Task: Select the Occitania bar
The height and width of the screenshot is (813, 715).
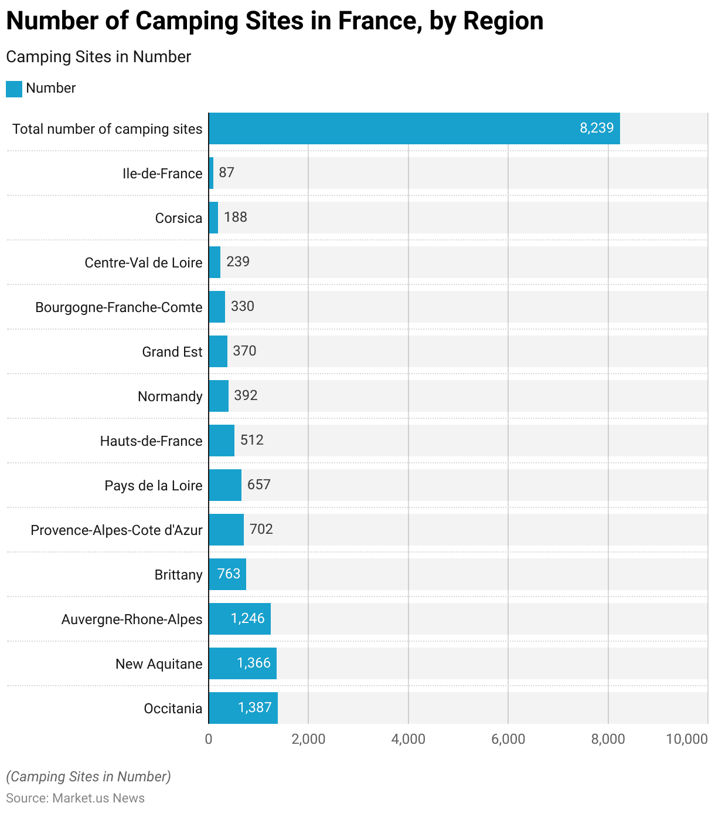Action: click(x=243, y=708)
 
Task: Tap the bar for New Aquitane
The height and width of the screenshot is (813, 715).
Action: click(x=242, y=663)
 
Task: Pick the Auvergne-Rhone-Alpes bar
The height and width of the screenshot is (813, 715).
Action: click(x=239, y=619)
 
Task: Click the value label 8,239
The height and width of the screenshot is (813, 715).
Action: click(x=597, y=128)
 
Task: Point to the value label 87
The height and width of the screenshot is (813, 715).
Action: click(x=226, y=172)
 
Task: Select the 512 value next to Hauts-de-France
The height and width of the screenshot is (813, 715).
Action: click(x=252, y=440)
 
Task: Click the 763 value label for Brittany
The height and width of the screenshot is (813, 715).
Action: click(x=229, y=574)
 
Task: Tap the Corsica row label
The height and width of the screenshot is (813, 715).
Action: click(x=179, y=218)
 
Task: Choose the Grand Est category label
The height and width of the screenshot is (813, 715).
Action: click(x=172, y=352)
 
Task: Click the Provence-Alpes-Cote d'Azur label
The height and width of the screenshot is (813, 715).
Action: click(x=117, y=530)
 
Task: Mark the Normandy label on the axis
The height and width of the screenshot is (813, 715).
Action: click(x=170, y=397)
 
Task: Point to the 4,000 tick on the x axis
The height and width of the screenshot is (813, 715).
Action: click(x=408, y=739)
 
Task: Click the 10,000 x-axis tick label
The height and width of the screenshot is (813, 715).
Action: click(x=687, y=739)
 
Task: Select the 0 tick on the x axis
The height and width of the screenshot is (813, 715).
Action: click(x=209, y=739)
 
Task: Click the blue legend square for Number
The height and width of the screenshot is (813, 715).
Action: click(x=14, y=89)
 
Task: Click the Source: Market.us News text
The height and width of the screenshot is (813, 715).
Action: click(x=75, y=798)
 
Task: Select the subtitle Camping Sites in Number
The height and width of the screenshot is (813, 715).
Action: click(x=98, y=57)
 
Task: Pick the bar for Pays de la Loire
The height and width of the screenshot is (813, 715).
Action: click(x=225, y=485)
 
